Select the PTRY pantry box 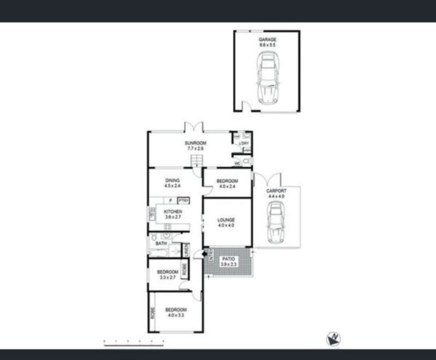[183, 201]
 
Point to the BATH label [161, 244]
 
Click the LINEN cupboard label [186, 250]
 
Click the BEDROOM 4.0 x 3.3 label [176, 313]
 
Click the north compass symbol [333, 339]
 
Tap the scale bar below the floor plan [134, 343]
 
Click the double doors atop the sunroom [193, 127]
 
